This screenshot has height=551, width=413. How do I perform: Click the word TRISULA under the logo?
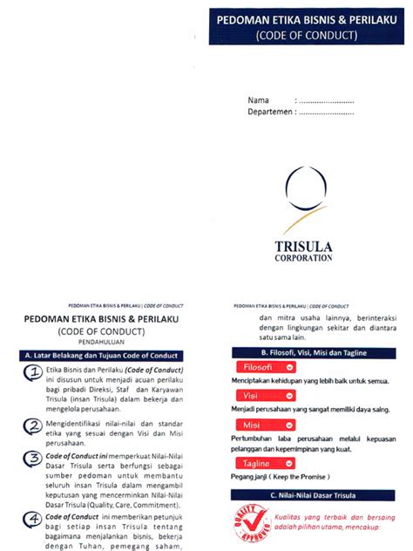(303, 245)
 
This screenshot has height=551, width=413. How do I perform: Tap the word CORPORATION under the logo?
(303, 258)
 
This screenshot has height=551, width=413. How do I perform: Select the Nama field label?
(258, 100)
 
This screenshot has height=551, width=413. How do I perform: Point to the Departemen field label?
(269, 112)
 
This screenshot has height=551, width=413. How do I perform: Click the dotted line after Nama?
(327, 101)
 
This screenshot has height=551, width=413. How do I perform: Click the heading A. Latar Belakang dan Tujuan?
(103, 356)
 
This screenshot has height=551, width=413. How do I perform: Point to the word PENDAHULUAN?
(103, 342)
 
